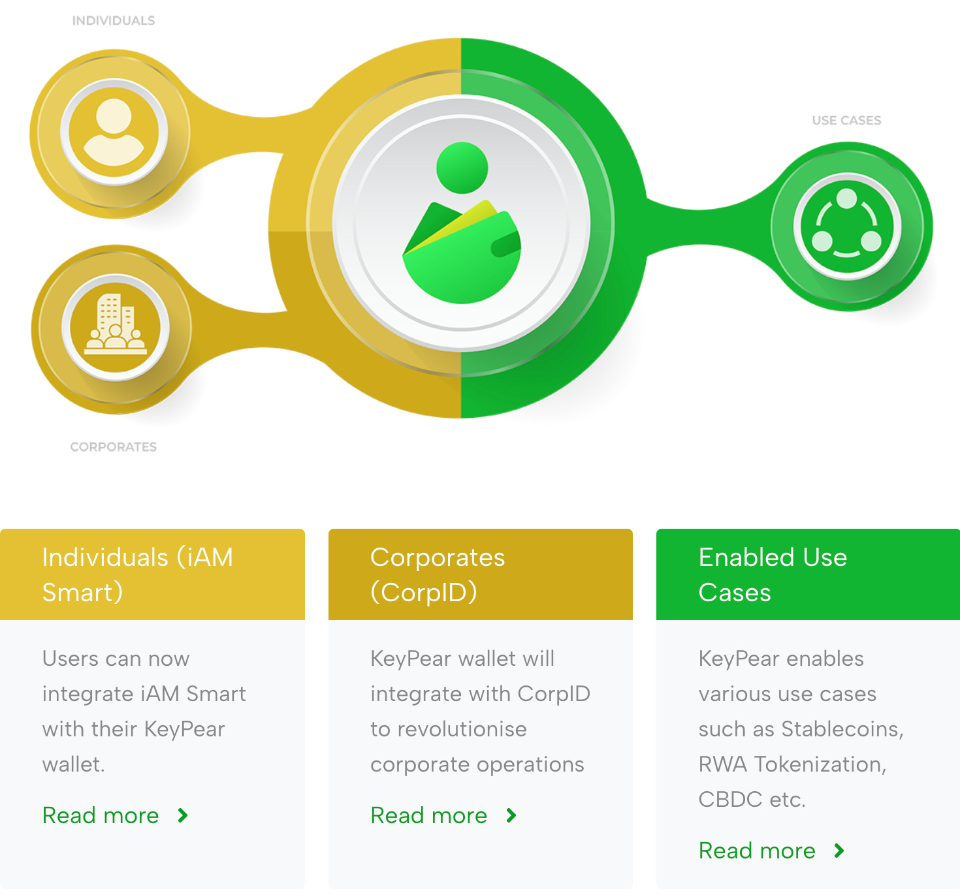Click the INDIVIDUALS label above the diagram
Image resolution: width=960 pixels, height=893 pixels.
tap(114, 21)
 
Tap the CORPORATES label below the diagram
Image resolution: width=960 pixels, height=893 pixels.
tap(114, 447)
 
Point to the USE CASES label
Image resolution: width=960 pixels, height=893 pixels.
tap(846, 121)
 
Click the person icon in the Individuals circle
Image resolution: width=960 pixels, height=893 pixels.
tap(114, 133)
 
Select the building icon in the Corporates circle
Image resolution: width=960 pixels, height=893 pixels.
tap(116, 325)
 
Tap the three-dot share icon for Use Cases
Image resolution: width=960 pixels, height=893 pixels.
tap(847, 226)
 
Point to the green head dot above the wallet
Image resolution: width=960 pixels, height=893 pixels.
tap(462, 168)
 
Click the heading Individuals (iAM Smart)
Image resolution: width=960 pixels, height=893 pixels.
tap(138, 574)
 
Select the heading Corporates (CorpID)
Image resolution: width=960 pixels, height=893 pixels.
tap(438, 574)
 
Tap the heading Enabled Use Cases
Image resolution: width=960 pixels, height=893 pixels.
tap(773, 574)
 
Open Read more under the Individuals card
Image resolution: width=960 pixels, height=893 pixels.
tap(101, 815)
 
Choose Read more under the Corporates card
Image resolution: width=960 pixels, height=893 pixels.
tap(429, 815)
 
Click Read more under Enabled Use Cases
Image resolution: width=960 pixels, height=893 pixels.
tap(757, 851)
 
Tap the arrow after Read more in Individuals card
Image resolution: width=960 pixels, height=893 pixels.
tap(183, 815)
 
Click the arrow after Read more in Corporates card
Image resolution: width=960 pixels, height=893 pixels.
tap(511, 815)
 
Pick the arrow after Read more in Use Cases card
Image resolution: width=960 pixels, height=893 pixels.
tap(839, 851)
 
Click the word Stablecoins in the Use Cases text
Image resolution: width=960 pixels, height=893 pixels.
tap(842, 729)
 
